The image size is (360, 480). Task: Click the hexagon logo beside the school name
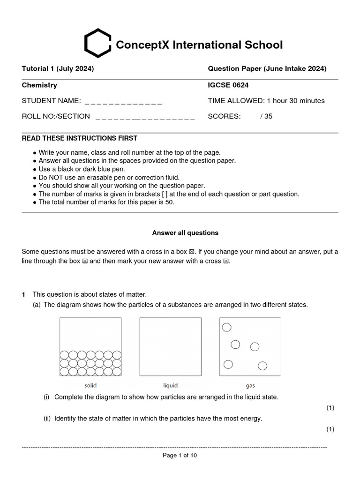(97, 43)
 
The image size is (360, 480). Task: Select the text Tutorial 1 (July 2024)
(58, 69)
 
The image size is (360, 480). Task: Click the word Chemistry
(39, 85)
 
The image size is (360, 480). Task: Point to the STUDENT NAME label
(51, 101)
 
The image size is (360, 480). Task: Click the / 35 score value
(266, 116)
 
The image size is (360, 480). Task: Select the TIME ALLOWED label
(236, 101)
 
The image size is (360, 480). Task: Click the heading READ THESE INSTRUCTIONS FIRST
(80, 138)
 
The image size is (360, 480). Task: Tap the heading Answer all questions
(185, 233)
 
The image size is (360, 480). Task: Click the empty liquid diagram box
(170, 347)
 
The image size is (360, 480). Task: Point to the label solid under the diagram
(90, 386)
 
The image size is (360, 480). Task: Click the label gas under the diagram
(250, 386)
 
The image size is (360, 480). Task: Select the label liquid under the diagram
(170, 386)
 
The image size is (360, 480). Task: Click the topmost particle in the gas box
(226, 327)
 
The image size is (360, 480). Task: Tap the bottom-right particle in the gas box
(262, 366)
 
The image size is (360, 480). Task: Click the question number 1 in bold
(23, 294)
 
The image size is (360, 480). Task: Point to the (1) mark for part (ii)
(330, 429)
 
